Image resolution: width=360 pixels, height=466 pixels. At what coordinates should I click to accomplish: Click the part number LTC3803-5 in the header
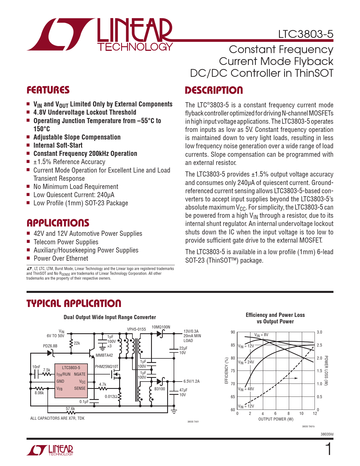coord(306,34)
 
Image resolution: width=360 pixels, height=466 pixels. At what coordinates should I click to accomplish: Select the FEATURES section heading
coord(48,90)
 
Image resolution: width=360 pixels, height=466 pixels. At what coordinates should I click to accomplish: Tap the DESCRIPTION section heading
coord(214,90)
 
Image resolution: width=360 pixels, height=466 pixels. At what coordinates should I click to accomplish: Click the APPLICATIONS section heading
coord(58,223)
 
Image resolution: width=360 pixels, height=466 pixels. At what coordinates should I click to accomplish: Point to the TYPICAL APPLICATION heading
coord(74,303)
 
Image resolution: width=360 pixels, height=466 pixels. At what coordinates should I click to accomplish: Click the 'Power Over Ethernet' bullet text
coord(61,258)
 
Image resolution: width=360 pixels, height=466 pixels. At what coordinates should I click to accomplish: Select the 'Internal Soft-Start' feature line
coord(58,145)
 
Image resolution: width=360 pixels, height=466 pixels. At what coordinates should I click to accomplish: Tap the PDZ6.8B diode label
coord(50,346)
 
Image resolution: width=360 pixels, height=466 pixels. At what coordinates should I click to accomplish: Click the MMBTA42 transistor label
coord(104,355)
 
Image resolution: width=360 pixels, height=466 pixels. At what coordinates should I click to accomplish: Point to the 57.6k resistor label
coord(70,409)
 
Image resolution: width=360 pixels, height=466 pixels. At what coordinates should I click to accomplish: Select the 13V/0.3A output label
coord(191,331)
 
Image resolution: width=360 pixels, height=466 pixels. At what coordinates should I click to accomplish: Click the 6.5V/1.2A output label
coord(191,381)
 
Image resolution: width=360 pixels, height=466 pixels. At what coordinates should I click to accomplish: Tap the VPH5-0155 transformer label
coord(136,329)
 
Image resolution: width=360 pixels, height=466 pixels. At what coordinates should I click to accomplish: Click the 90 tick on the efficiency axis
coord(233,332)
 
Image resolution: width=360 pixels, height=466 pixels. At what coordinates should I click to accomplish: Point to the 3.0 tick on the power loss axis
coord(319,332)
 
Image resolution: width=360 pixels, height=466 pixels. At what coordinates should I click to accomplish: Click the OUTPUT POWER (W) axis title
coord(276,419)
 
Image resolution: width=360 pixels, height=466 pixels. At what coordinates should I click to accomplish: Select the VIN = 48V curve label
coord(246,389)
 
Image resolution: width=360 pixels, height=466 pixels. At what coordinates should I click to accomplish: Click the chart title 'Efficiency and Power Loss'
coord(275,315)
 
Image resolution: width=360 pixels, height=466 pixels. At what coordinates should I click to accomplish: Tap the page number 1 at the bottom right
coord(329,449)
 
